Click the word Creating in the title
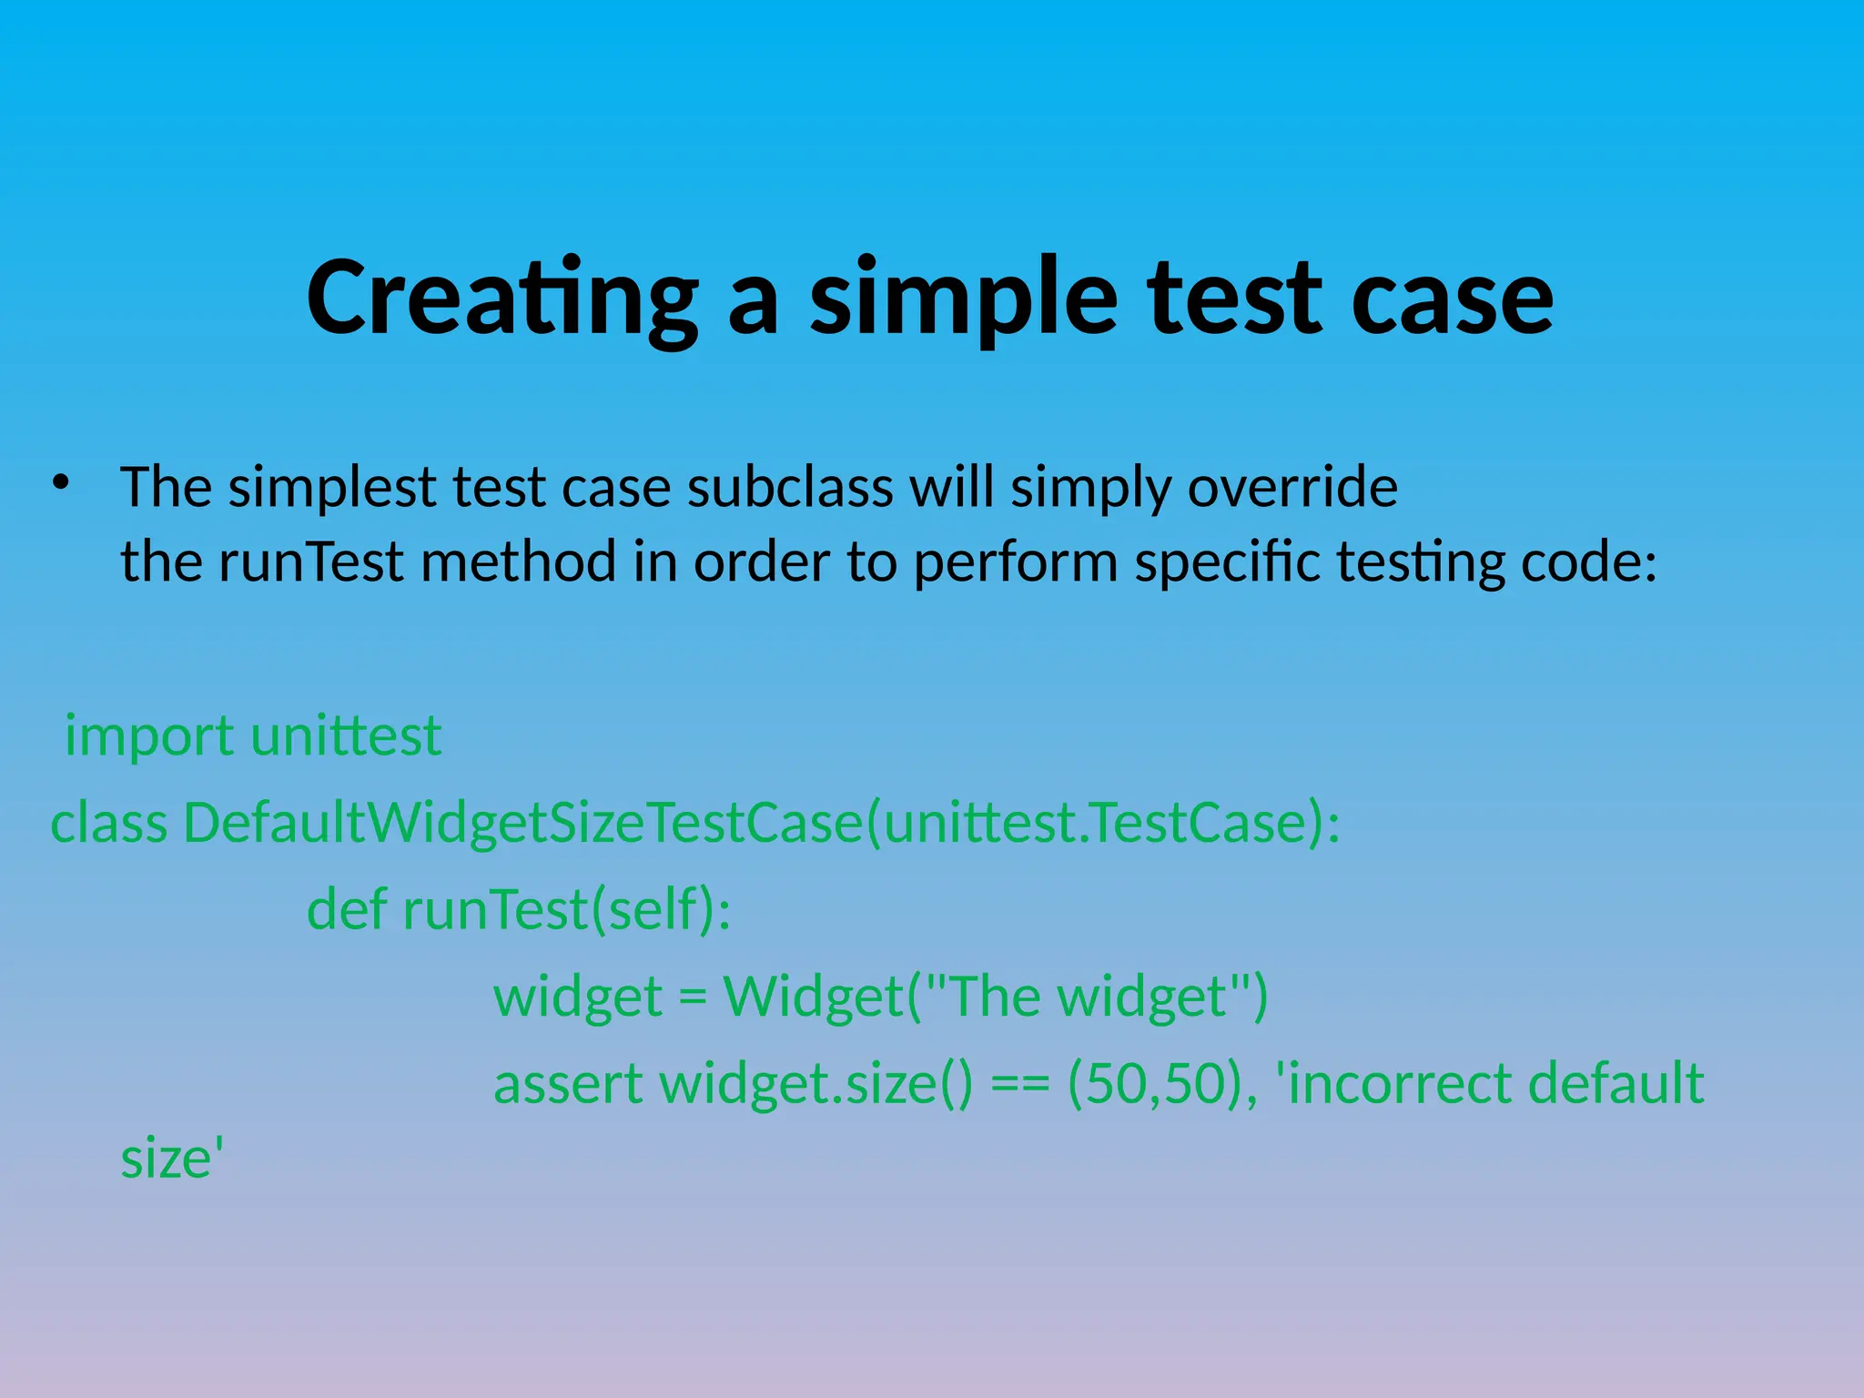click(501, 299)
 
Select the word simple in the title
click(963, 299)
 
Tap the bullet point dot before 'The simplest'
click(61, 482)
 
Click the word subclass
click(790, 488)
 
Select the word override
click(1292, 488)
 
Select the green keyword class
click(108, 823)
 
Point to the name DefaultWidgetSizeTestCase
click(522, 823)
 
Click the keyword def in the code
click(346, 909)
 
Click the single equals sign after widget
click(693, 997)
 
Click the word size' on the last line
click(172, 1160)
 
